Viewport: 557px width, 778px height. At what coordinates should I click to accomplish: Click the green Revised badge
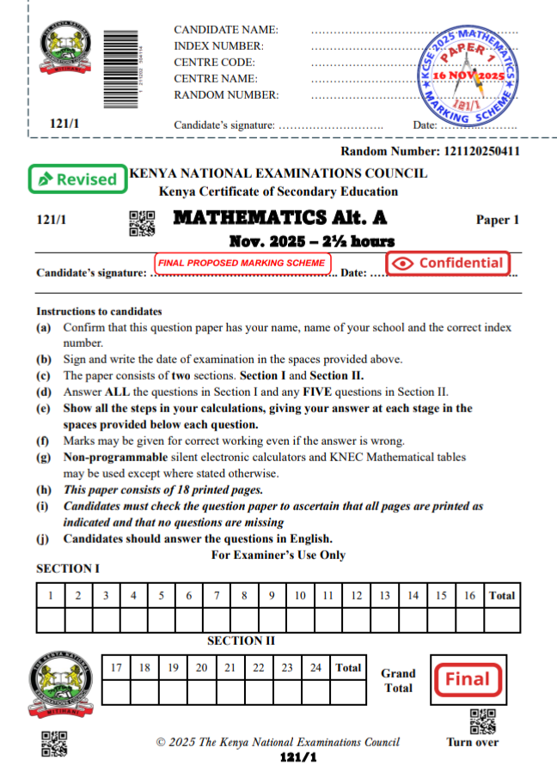(77, 179)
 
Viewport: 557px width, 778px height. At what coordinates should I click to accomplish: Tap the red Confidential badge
(448, 263)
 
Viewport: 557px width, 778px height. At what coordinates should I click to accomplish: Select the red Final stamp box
(467, 679)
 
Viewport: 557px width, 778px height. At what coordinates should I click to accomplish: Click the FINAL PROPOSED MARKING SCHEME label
(242, 262)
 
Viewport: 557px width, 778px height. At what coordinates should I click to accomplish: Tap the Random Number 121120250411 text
(430, 152)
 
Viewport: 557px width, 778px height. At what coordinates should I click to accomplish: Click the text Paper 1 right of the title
(498, 220)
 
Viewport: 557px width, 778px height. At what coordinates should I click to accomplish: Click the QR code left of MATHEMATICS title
(142, 222)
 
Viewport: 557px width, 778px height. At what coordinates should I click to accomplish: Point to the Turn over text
(472, 742)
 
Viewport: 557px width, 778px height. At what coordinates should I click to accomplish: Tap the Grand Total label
(398, 680)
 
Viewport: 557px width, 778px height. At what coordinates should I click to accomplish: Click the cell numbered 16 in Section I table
(470, 595)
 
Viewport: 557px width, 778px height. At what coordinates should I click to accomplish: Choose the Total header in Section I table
(502, 595)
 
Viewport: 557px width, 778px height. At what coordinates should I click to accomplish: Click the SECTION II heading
(241, 641)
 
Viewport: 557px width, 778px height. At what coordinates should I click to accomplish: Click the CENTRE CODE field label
(214, 63)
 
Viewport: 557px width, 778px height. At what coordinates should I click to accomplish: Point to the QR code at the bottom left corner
(54, 744)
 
